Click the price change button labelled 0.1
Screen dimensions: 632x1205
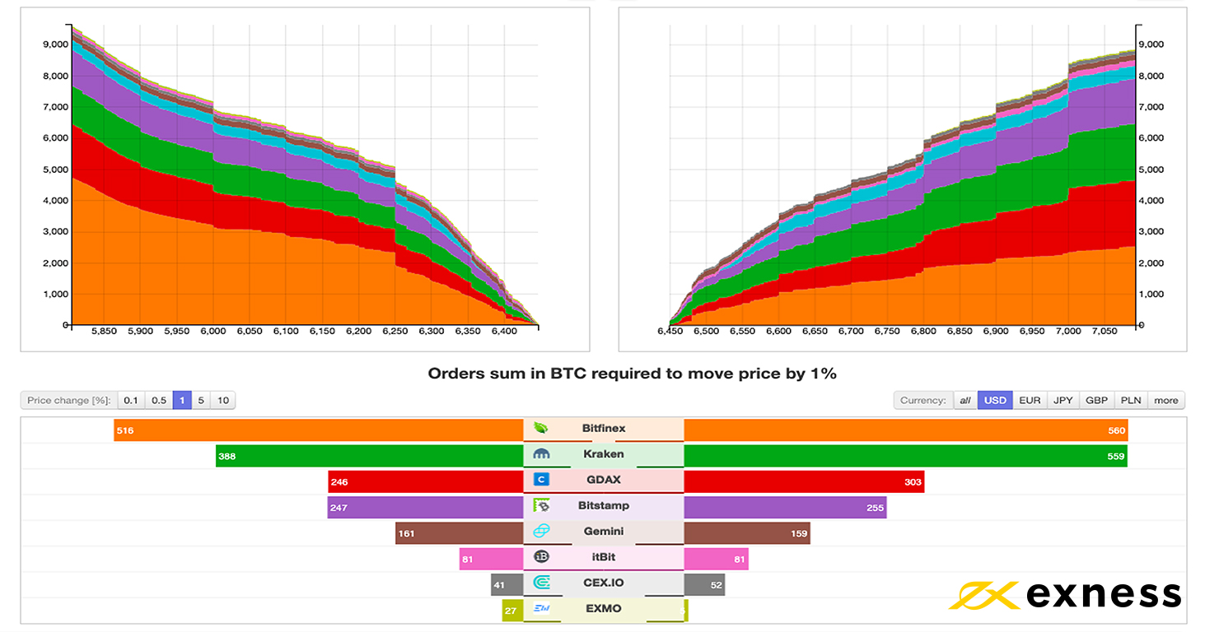(x=130, y=401)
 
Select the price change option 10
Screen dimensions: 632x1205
(x=222, y=401)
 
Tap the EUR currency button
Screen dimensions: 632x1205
(x=1030, y=401)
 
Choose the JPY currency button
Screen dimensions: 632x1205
(x=1063, y=401)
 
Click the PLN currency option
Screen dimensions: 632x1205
(x=1131, y=401)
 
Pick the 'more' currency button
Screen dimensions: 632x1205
(x=1165, y=401)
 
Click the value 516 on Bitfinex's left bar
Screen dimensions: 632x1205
(x=125, y=430)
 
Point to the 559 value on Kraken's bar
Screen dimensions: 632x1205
(x=1115, y=456)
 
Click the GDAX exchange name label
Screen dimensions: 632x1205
(x=603, y=481)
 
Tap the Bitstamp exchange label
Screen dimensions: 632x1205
(x=603, y=506)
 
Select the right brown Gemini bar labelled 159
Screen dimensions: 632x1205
(x=747, y=533)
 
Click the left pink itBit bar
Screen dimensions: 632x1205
(x=491, y=559)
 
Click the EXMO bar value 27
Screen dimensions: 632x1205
(x=511, y=610)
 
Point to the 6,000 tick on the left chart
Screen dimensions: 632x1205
(x=213, y=331)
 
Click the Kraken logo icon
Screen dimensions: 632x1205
(x=542, y=454)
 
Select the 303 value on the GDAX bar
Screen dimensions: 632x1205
(x=912, y=482)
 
